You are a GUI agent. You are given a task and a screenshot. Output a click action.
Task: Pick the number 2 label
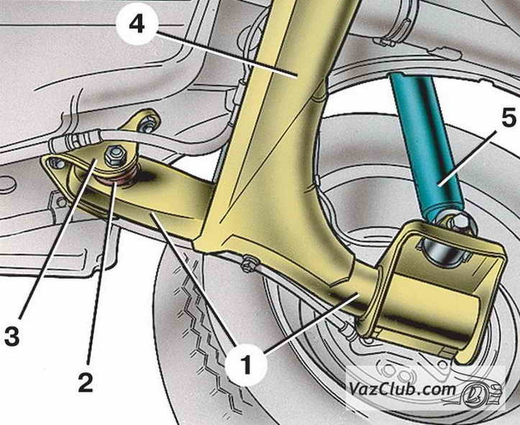tap(86, 382)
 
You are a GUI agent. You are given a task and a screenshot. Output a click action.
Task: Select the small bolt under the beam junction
tap(249, 263)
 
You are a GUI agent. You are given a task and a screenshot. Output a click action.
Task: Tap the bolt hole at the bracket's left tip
tap(53, 166)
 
